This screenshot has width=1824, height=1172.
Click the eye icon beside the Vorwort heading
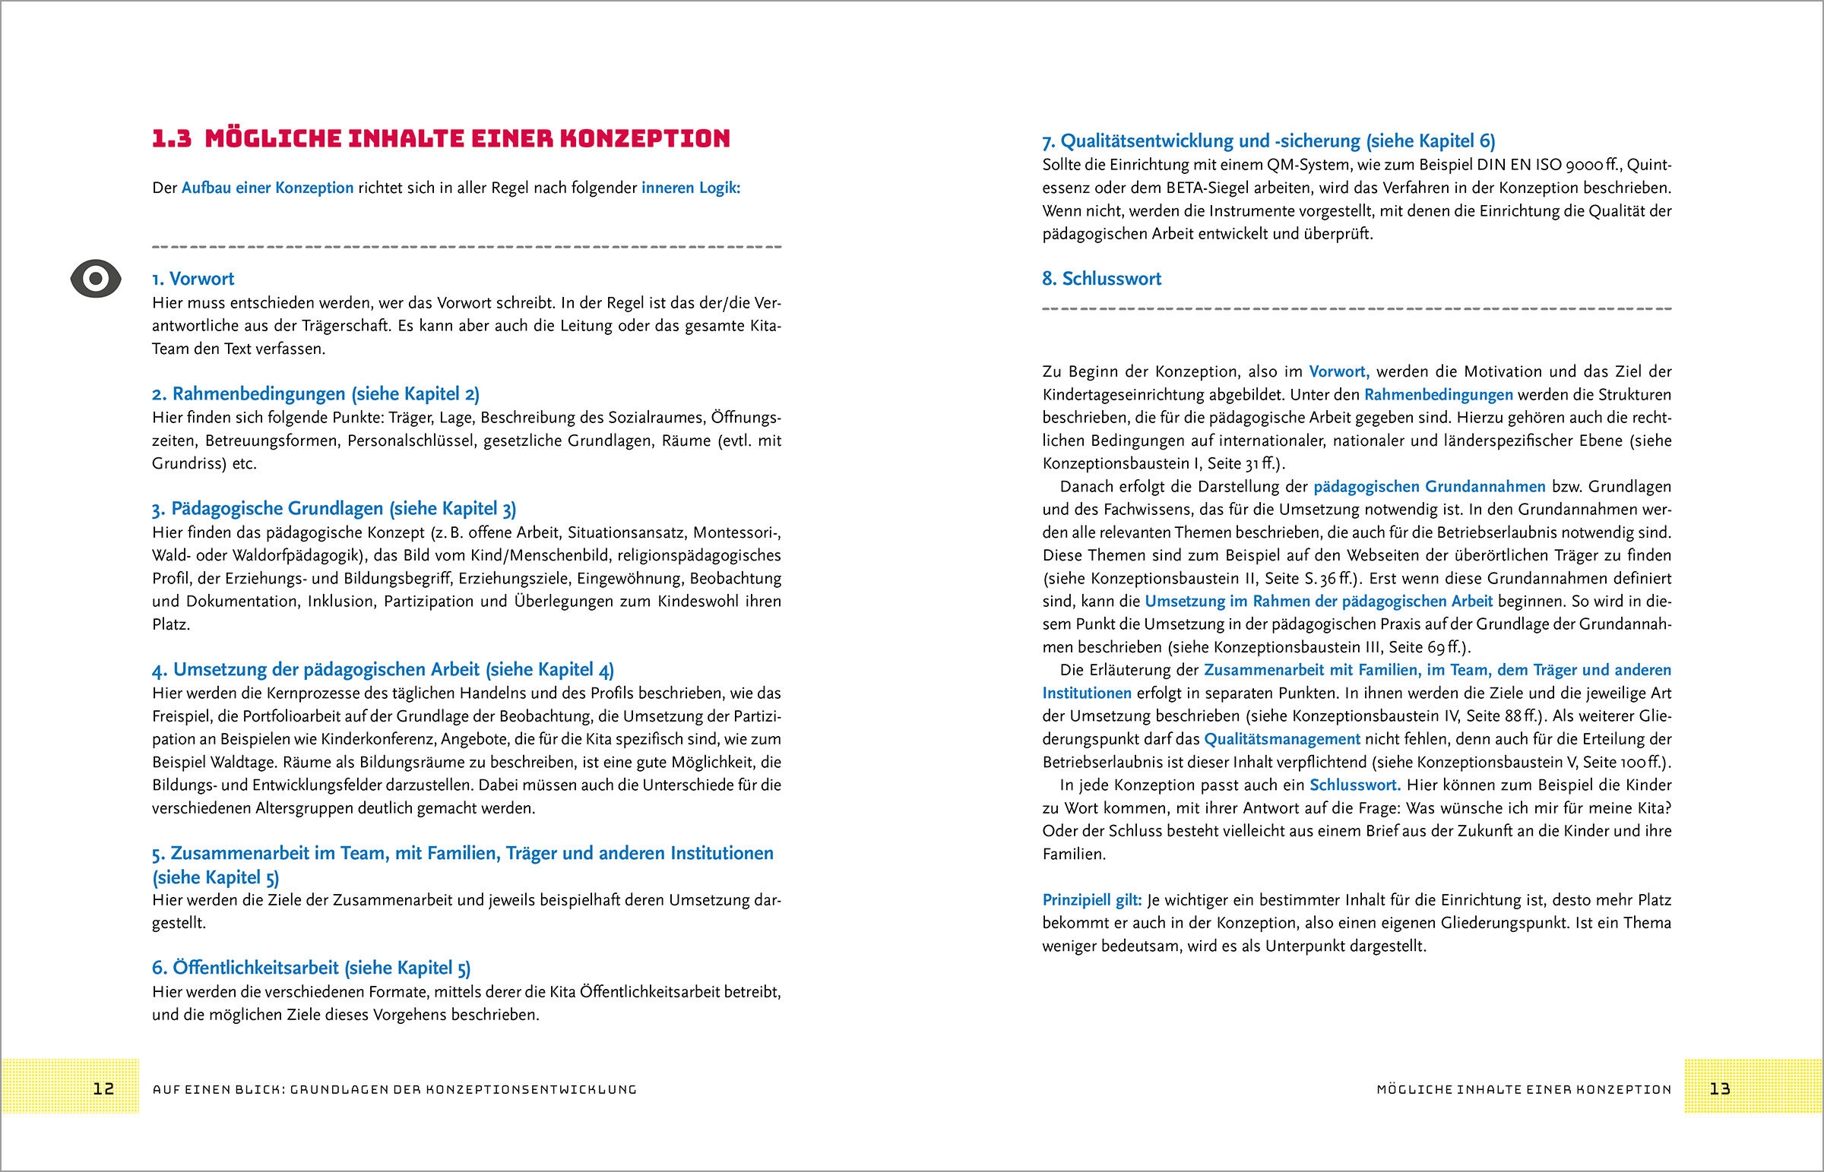(x=96, y=279)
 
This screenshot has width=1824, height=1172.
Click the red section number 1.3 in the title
(x=172, y=138)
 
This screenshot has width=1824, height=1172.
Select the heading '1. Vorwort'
(x=193, y=279)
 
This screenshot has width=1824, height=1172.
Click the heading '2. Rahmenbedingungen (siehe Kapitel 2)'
(x=315, y=393)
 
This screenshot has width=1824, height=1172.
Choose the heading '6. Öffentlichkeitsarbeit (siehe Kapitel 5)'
(x=311, y=967)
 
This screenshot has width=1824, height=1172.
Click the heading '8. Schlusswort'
(x=1100, y=279)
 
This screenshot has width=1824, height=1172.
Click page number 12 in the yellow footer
(x=103, y=1088)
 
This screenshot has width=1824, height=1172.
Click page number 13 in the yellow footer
(x=1720, y=1088)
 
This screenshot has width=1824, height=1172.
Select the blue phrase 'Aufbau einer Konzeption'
(x=268, y=188)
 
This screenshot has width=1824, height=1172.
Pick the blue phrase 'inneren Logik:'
(x=691, y=188)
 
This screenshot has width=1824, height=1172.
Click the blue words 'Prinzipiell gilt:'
(x=1091, y=899)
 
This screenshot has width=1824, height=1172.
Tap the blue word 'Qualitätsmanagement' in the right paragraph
(x=1282, y=739)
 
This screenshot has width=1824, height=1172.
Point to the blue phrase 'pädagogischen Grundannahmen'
(x=1429, y=486)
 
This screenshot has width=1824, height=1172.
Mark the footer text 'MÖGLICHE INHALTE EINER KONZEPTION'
(x=1524, y=1089)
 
